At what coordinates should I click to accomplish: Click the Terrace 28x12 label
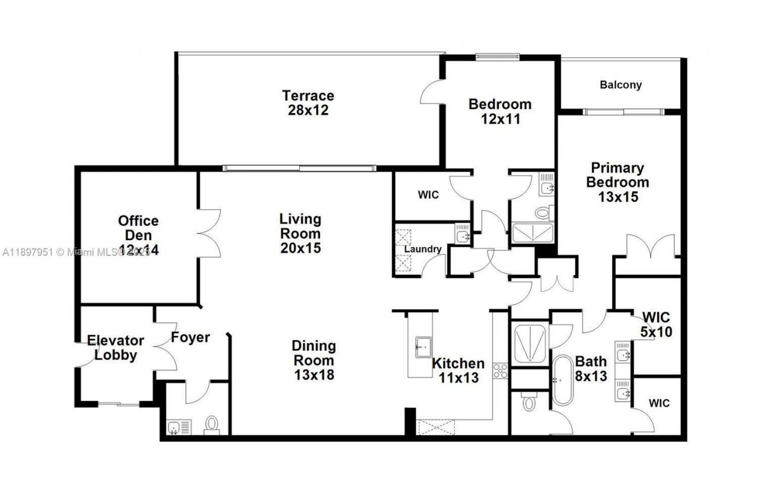tap(308, 103)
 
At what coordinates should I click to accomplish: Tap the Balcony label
tap(620, 85)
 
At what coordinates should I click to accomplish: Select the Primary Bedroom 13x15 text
tap(617, 182)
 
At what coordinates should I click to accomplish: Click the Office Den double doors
tap(208, 232)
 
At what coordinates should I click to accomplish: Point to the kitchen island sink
tap(423, 344)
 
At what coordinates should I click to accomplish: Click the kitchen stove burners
tap(500, 371)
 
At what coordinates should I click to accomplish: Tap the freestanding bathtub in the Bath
tap(562, 379)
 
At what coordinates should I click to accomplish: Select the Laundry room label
tap(423, 249)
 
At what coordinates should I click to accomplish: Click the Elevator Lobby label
tap(116, 348)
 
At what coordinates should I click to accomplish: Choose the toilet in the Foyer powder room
tap(211, 425)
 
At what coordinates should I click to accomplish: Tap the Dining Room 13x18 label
tap(313, 360)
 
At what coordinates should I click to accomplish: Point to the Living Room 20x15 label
tap(300, 233)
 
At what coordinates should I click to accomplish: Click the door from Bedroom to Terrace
tap(430, 92)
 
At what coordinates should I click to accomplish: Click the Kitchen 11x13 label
tap(458, 370)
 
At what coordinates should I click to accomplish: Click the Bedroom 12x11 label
tap(500, 111)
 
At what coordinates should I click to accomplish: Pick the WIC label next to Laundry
tap(428, 195)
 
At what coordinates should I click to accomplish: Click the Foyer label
tap(190, 337)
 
